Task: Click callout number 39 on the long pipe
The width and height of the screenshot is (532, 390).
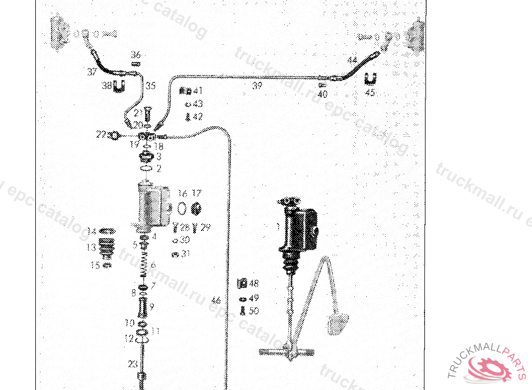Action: pos(257,86)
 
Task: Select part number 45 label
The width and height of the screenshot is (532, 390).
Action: pos(370,93)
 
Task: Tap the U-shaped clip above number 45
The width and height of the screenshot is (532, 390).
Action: pos(370,79)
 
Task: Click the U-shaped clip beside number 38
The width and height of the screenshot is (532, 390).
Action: pos(119,85)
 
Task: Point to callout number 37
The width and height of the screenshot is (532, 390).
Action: pos(92,71)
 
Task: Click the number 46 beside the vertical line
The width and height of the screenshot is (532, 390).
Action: pos(217,301)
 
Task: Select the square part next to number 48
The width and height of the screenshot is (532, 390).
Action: pos(241,284)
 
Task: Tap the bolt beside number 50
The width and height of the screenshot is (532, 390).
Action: pos(242,311)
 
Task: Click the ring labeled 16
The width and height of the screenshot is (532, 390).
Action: pos(182,209)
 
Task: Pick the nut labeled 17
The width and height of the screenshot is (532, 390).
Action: pos(196,209)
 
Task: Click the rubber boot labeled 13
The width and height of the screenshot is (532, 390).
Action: pos(106,247)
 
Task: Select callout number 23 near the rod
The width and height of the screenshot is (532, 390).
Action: pos(132,364)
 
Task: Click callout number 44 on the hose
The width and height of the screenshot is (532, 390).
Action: pos(352,61)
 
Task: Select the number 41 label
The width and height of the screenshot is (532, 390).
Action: pos(197,90)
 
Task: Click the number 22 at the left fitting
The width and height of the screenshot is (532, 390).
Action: pos(100,135)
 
